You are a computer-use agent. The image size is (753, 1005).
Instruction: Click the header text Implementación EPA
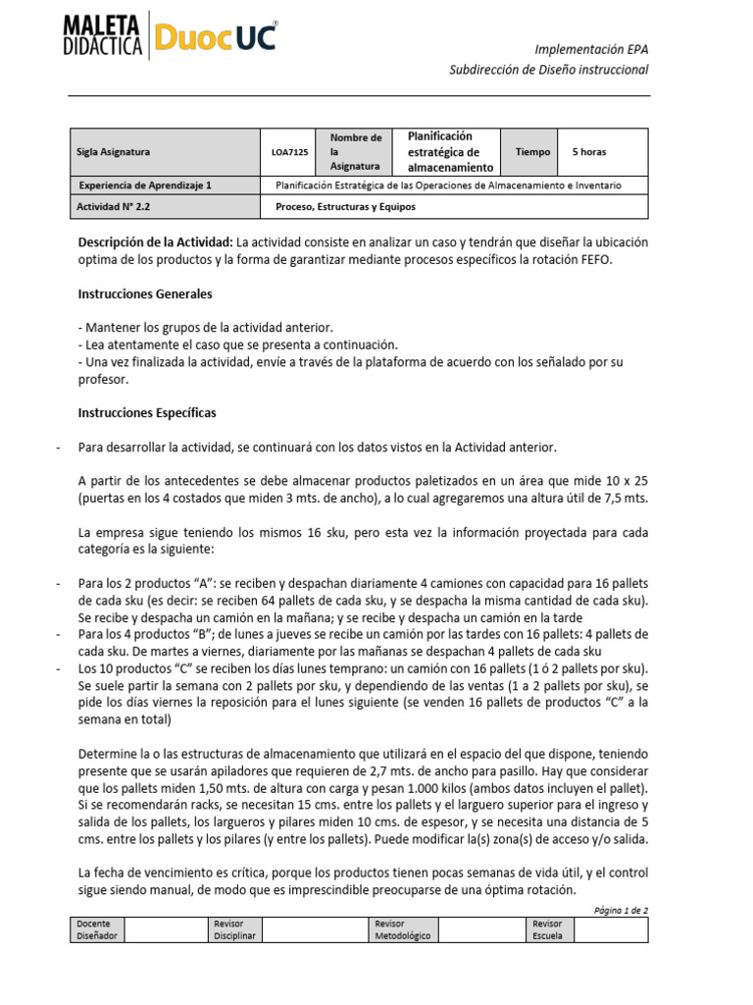(590, 49)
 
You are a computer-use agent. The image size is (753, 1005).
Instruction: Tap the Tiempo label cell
(532, 152)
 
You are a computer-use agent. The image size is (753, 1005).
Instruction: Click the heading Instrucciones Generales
(144, 294)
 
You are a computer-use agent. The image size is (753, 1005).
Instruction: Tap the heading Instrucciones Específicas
(146, 412)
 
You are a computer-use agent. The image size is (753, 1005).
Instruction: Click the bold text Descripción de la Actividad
(155, 241)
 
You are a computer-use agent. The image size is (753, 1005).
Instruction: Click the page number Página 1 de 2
(621, 910)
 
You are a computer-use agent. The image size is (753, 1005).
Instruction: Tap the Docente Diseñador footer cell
(97, 929)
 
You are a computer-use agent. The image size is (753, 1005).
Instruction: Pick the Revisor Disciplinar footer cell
(234, 929)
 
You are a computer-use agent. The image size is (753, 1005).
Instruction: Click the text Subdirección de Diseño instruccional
(548, 70)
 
